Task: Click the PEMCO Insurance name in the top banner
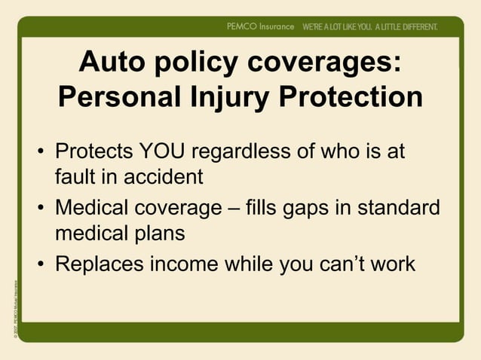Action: [x=260, y=26]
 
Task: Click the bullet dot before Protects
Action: [x=42, y=154]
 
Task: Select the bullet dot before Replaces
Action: [x=42, y=265]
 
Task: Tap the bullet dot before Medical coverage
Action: [x=42, y=209]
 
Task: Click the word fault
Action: [x=72, y=178]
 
